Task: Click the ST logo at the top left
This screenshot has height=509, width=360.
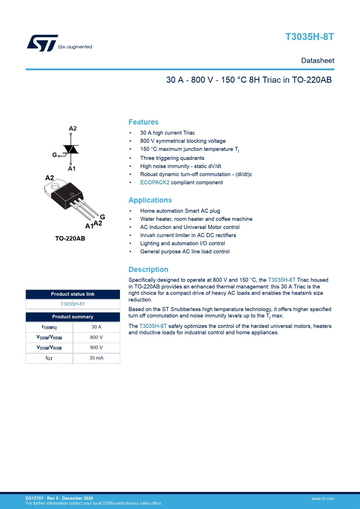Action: [x=43, y=43]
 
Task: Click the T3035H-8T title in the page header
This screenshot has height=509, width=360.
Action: [x=309, y=37]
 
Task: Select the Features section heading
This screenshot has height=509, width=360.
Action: [x=143, y=122]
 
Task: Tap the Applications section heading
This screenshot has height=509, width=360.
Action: [x=150, y=200]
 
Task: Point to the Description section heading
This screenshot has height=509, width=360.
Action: [x=148, y=270]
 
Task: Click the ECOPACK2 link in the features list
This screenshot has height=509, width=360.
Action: [x=155, y=183]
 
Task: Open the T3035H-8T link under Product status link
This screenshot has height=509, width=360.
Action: [x=73, y=304]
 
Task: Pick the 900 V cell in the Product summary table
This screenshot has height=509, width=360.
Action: [x=96, y=348]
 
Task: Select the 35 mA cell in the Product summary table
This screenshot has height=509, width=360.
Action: [x=96, y=358]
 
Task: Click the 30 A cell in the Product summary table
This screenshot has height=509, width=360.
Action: [x=96, y=327]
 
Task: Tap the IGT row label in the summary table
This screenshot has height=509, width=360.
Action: [x=49, y=358]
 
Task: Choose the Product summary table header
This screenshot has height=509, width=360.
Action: [x=73, y=317]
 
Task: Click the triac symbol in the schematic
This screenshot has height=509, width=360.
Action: [x=71, y=149]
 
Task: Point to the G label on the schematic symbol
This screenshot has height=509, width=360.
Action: [x=55, y=155]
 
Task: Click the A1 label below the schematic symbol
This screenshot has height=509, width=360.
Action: [x=72, y=169]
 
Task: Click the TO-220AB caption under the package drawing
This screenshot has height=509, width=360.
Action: [x=70, y=239]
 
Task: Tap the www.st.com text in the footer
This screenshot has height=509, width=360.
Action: [x=323, y=499]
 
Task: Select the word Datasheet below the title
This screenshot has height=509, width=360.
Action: [x=318, y=61]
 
